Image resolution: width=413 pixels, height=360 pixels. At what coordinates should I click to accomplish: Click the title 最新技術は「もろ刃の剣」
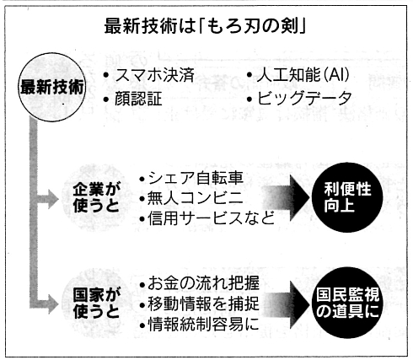click(x=205, y=27)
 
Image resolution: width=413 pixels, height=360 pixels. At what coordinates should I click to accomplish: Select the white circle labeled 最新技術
click(x=52, y=87)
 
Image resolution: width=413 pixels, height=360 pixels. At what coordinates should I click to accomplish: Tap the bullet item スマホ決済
click(x=149, y=75)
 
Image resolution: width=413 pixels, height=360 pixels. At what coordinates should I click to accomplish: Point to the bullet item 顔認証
click(x=132, y=99)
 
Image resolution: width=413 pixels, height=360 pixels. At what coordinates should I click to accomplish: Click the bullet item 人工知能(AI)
click(x=298, y=75)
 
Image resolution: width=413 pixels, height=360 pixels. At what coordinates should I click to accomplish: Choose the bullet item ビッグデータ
click(x=299, y=99)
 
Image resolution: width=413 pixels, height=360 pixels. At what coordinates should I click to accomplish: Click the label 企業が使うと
click(x=96, y=197)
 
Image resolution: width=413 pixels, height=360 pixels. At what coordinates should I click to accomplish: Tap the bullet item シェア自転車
click(x=191, y=178)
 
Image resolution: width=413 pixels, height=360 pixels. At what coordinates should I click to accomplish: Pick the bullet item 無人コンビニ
click(x=191, y=198)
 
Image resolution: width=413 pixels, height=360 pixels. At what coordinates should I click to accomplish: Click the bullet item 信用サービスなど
click(x=206, y=218)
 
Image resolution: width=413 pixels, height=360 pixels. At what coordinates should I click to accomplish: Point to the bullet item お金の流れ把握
click(x=200, y=283)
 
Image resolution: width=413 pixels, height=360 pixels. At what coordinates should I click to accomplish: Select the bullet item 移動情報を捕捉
click(x=200, y=304)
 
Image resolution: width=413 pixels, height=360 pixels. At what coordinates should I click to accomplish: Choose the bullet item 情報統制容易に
click(x=200, y=325)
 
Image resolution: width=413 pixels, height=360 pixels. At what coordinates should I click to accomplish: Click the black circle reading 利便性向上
click(x=347, y=197)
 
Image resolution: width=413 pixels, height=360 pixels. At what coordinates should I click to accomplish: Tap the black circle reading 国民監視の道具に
click(x=347, y=303)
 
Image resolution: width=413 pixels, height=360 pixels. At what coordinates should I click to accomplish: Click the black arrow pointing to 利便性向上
click(x=286, y=198)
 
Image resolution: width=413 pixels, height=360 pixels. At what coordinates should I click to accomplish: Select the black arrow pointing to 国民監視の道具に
click(x=286, y=304)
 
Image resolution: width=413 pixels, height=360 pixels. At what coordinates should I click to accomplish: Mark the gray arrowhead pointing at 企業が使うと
click(x=53, y=199)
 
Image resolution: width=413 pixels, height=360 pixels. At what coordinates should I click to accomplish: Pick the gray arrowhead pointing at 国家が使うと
click(x=53, y=304)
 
